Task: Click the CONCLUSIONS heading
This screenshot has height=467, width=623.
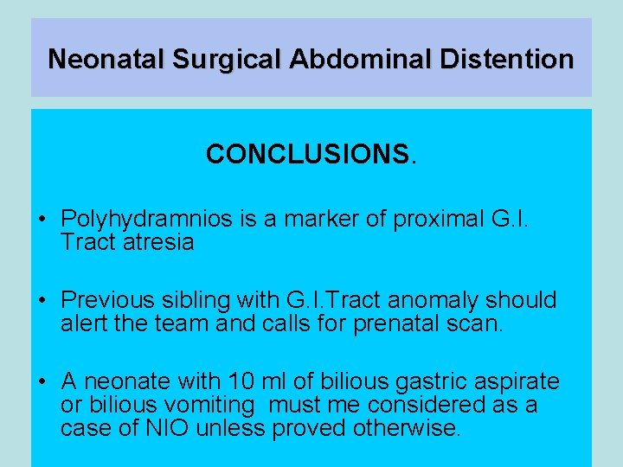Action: pos(311,155)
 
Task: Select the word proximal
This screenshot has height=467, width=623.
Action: pos(440,220)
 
